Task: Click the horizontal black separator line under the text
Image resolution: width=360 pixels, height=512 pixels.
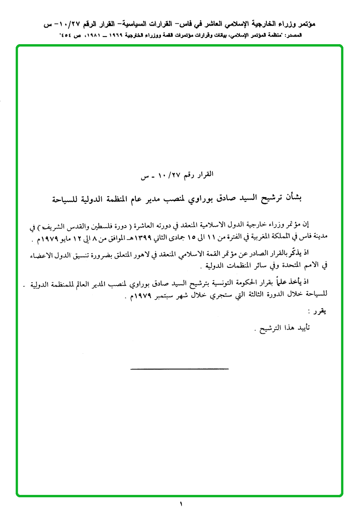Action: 179,369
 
